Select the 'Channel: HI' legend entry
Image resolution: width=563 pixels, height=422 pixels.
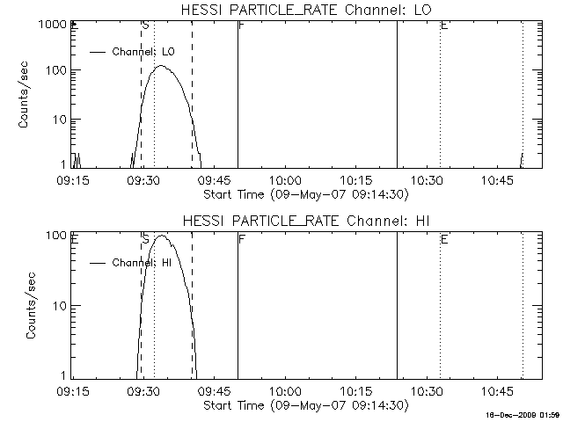(142, 262)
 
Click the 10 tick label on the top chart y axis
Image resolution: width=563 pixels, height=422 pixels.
(58, 119)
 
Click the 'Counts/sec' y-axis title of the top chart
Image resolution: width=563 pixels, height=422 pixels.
(24, 97)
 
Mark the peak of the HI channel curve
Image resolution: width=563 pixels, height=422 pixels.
(161, 236)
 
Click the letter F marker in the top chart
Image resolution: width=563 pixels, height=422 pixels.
(242, 26)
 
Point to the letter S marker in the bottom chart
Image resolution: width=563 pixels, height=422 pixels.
(145, 238)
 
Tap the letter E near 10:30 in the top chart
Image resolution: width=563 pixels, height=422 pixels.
(444, 26)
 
